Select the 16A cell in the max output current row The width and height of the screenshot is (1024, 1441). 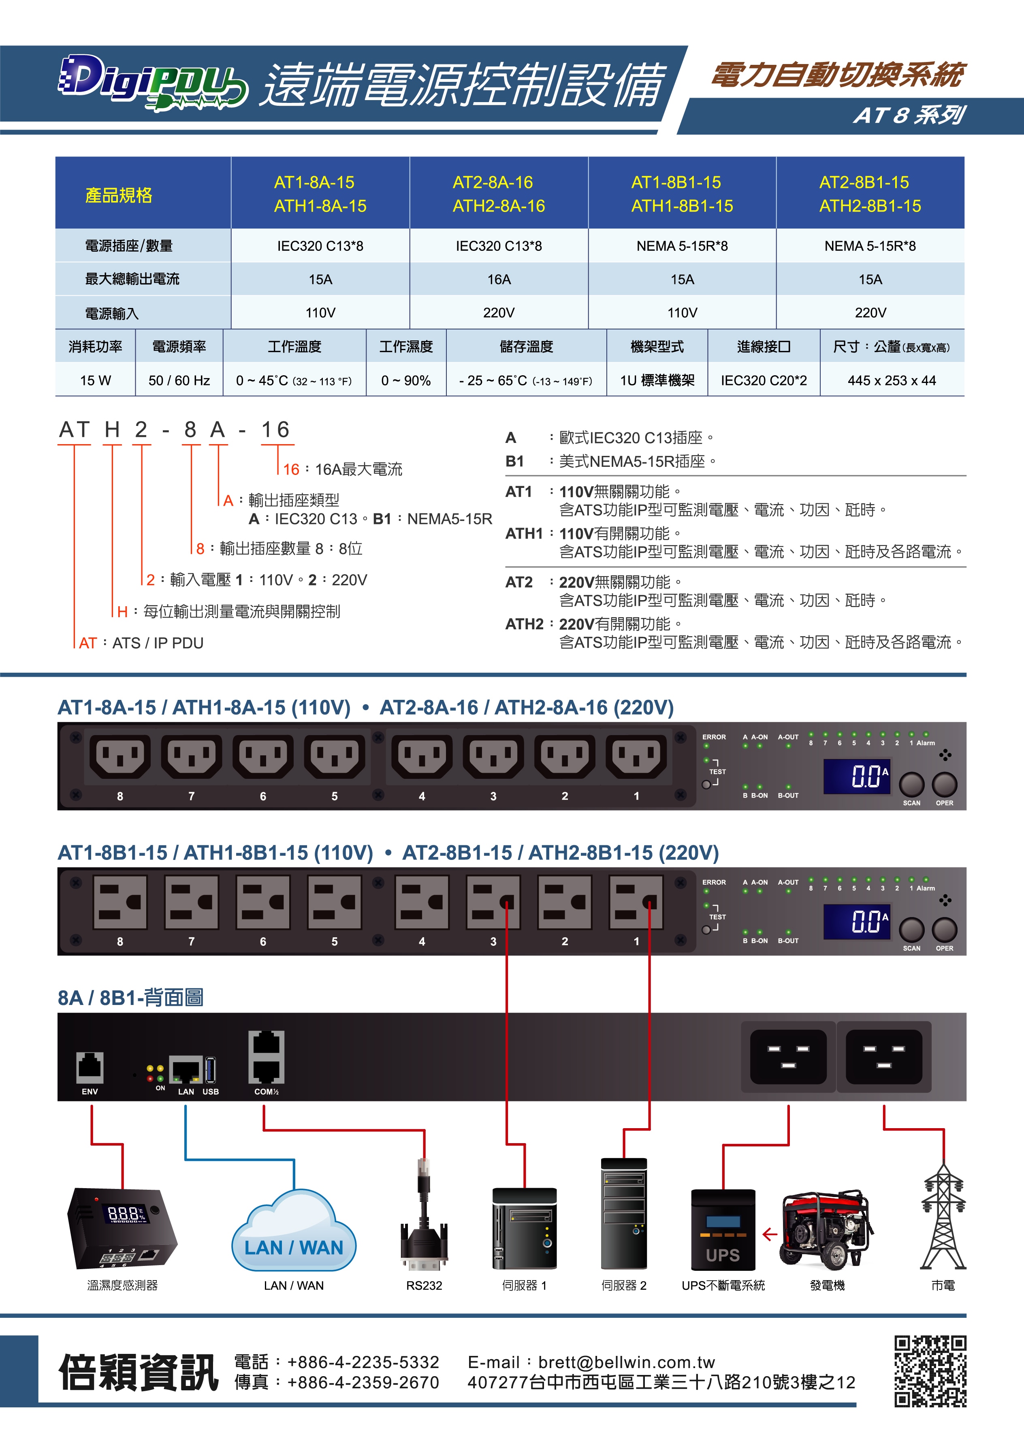tap(498, 279)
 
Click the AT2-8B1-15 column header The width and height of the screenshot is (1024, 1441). tap(870, 194)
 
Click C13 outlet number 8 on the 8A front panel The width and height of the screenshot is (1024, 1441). tap(120, 756)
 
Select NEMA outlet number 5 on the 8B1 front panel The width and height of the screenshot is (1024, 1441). tap(334, 902)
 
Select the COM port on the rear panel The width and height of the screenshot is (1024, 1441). tap(266, 1057)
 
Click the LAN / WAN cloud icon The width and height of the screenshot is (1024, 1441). tap(294, 1233)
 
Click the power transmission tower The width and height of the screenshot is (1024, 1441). tap(943, 1217)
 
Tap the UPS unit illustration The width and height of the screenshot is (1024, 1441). tap(723, 1230)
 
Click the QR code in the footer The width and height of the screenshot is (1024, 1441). tap(930, 1371)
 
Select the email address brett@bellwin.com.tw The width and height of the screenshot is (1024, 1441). tap(626, 1362)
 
